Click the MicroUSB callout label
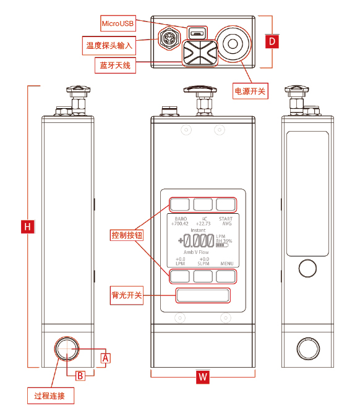coord(118,23)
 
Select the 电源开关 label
coord(250,91)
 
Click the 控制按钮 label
coord(127,235)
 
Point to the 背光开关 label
coord(127,295)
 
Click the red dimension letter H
coord(27,226)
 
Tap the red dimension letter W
coord(202,377)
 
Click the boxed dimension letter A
coord(106,357)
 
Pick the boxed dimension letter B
coord(80,375)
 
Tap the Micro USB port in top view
coord(197,32)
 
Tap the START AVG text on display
coord(226,221)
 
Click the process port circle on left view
coord(66,349)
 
